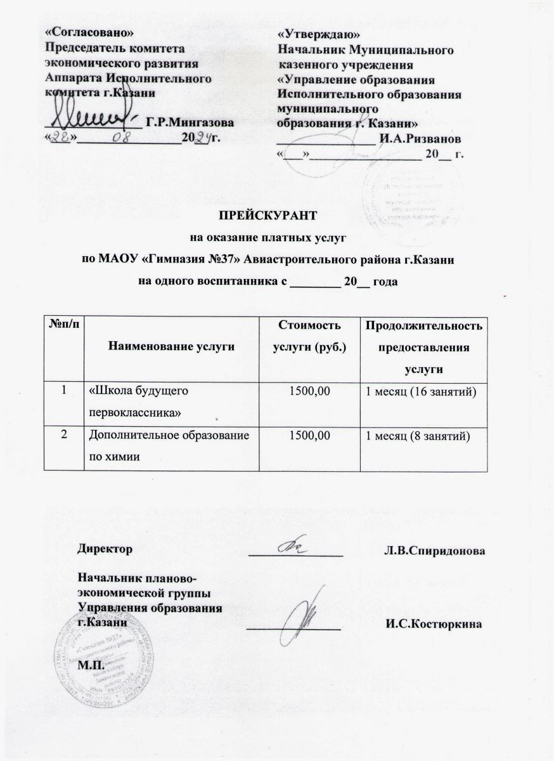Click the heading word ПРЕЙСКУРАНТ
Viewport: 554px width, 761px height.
click(276, 215)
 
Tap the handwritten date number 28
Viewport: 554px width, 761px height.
click(63, 137)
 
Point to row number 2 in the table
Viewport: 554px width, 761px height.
click(64, 434)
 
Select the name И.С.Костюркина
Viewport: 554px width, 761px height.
click(434, 623)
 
